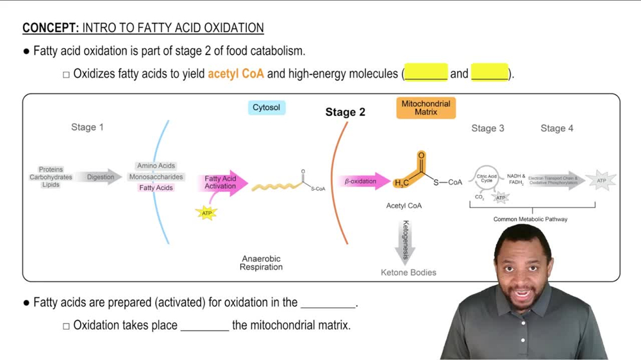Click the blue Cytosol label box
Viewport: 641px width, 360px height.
click(266, 108)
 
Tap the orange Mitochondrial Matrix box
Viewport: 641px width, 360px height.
click(426, 108)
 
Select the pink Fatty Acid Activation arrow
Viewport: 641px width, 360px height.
click(222, 183)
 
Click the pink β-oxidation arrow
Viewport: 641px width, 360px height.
click(364, 181)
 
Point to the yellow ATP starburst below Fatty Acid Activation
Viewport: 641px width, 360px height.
click(206, 213)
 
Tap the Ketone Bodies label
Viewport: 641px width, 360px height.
click(408, 272)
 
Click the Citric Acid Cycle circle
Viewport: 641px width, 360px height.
click(487, 178)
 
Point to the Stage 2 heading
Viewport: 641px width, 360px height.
click(345, 112)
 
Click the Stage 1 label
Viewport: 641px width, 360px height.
click(87, 127)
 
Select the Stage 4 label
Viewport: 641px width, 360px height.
click(556, 128)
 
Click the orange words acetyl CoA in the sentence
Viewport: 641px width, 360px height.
click(235, 74)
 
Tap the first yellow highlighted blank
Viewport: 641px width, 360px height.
click(426, 73)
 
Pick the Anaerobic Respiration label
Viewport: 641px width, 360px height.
click(261, 263)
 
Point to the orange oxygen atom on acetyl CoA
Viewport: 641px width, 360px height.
click(421, 156)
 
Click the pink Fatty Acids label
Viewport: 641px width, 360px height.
click(156, 188)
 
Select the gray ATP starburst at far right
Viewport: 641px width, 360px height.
click(601, 181)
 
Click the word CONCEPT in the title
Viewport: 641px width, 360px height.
click(50, 28)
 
